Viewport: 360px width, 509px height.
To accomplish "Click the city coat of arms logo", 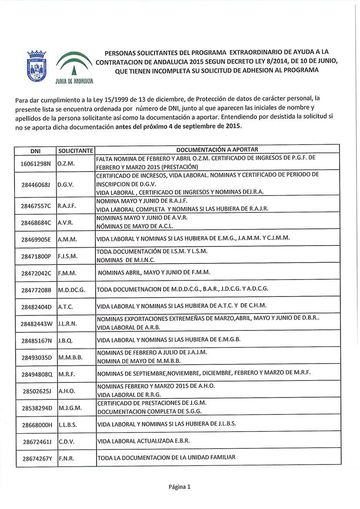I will pos(37,65).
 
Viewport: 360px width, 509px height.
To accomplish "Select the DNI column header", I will pos(35,151).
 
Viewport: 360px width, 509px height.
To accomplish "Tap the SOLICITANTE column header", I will pos(75,151).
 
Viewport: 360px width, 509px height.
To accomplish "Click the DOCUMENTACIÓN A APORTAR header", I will pos(217,150).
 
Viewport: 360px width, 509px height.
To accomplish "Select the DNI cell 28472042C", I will pos(36,273).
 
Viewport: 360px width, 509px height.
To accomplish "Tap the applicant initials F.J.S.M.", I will pos(67,256).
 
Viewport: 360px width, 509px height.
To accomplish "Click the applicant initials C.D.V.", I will pos(66,441).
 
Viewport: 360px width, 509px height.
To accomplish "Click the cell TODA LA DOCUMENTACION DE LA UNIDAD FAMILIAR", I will pos(166,457).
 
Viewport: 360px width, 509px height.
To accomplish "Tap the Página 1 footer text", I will pos(180,487).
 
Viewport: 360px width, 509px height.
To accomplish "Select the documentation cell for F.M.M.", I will pos(154,273).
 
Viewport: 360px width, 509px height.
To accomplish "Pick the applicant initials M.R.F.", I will pos(66,374).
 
